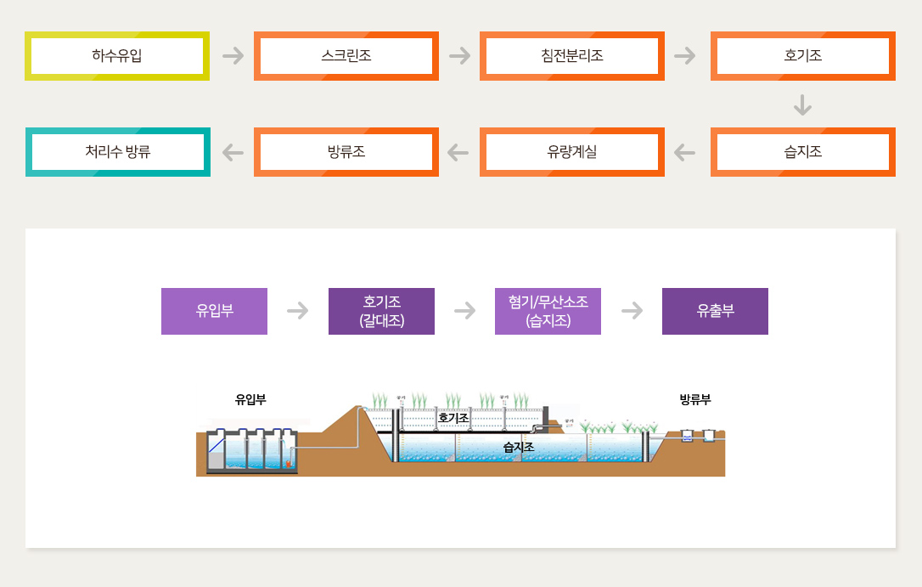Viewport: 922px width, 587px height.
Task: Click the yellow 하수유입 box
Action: click(x=117, y=56)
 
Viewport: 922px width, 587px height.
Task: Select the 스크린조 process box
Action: click(x=346, y=56)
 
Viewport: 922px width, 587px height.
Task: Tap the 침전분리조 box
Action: click(x=572, y=56)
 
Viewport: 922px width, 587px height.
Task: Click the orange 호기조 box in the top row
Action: click(x=803, y=56)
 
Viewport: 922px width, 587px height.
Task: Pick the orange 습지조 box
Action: click(x=803, y=152)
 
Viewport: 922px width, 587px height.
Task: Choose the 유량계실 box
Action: click(x=572, y=152)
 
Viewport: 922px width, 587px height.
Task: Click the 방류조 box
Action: click(x=346, y=152)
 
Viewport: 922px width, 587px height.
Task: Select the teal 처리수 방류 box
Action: click(x=117, y=152)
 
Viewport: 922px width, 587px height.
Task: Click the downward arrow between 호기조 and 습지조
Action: click(x=803, y=104)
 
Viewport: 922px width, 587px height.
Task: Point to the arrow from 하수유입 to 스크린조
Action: click(x=233, y=56)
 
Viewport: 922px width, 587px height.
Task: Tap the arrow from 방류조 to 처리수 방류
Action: click(x=233, y=152)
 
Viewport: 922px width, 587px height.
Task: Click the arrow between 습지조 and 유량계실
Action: click(x=684, y=152)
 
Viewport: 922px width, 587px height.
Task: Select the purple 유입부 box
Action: click(x=215, y=311)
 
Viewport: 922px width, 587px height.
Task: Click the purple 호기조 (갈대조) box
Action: click(x=381, y=311)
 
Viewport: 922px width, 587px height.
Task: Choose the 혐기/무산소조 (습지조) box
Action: click(x=548, y=311)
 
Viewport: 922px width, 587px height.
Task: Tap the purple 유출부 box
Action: click(x=715, y=311)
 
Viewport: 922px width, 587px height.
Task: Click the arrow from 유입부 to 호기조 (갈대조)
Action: click(x=298, y=311)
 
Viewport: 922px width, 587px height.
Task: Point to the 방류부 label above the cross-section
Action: click(x=695, y=399)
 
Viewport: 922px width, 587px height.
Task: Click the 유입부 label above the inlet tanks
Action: click(x=250, y=399)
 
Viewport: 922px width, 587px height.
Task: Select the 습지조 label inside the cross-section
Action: click(x=518, y=446)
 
